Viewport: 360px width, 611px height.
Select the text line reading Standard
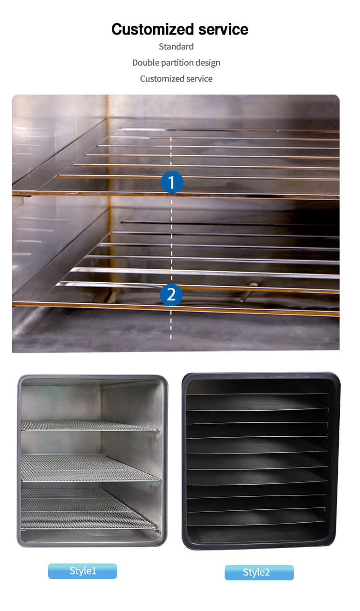pos(176,47)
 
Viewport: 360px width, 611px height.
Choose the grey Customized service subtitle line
pos(176,79)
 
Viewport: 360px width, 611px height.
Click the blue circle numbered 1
pos(171,182)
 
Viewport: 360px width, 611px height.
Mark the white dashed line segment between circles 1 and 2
pos(171,238)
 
